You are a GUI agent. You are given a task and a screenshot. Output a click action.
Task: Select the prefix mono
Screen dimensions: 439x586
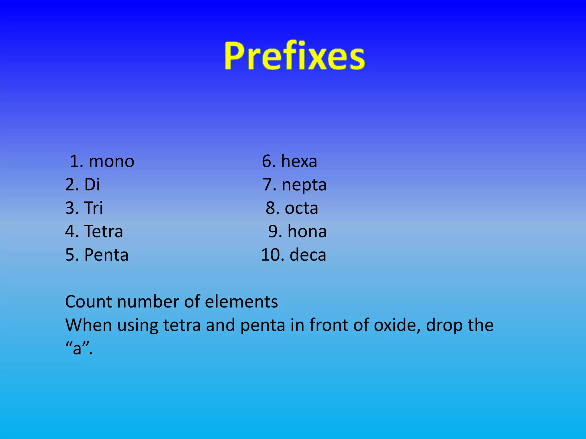click(111, 161)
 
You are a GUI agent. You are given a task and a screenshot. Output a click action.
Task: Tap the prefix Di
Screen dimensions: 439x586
click(92, 185)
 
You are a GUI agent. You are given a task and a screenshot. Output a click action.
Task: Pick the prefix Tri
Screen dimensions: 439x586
click(93, 208)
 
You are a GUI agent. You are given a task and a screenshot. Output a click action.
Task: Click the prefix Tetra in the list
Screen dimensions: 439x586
click(104, 232)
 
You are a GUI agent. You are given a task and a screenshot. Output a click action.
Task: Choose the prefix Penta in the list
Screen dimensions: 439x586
click(106, 255)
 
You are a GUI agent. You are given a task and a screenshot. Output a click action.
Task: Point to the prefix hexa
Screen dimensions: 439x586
click(299, 161)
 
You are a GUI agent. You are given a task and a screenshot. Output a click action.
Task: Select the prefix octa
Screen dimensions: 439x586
click(301, 208)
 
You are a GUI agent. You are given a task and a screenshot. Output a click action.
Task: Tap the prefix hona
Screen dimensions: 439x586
click(307, 232)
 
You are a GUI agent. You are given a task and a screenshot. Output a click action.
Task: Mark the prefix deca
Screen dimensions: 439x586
click(308, 255)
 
